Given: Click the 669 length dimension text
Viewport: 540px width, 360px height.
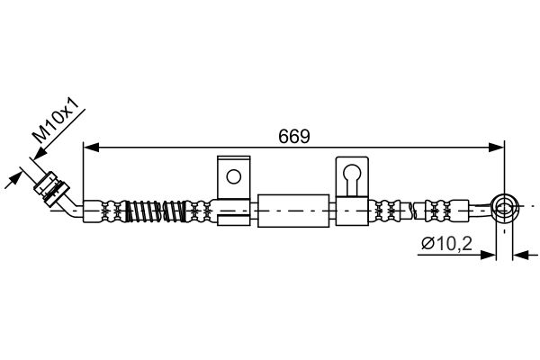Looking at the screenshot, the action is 294,137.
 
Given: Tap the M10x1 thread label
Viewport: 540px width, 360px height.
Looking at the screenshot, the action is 58,120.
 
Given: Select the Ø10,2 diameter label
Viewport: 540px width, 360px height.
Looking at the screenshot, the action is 446,244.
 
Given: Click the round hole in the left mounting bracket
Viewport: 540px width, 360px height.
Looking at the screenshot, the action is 233,176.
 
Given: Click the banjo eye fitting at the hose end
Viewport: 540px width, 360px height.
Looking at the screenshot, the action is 505,208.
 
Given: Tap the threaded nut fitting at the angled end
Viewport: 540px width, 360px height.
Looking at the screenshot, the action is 51,186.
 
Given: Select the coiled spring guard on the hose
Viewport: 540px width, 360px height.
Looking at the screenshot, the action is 155,211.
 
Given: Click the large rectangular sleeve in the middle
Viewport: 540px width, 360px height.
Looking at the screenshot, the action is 293,211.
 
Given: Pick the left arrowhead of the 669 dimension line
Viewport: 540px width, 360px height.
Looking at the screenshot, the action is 91,148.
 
